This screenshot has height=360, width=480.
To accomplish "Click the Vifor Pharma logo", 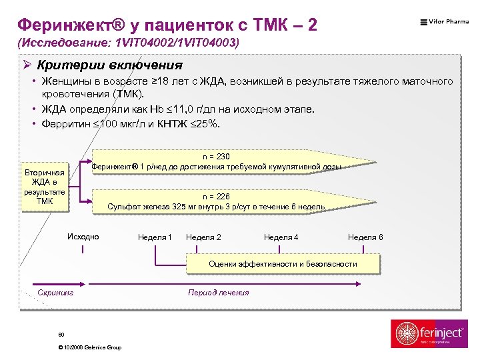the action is tap(444, 22).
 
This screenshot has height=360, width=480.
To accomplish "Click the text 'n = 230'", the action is tap(216, 156).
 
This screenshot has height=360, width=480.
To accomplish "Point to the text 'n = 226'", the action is tap(216, 197).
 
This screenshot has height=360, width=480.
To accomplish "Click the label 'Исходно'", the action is tap(83, 237).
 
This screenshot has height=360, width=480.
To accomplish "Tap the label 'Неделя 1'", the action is tap(155, 237).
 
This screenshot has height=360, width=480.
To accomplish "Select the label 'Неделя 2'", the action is tap(203, 237).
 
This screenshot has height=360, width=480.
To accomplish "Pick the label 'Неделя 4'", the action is tap(281, 237).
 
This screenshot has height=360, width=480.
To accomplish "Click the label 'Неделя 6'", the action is tap(365, 237).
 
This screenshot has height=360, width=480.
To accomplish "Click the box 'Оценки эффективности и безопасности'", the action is tap(283, 264).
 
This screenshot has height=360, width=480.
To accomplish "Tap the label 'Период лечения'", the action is tap(219, 293).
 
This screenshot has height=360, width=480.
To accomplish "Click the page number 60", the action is tap(61, 334).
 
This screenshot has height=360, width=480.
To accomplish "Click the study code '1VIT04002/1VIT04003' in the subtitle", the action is tap(177, 43).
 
